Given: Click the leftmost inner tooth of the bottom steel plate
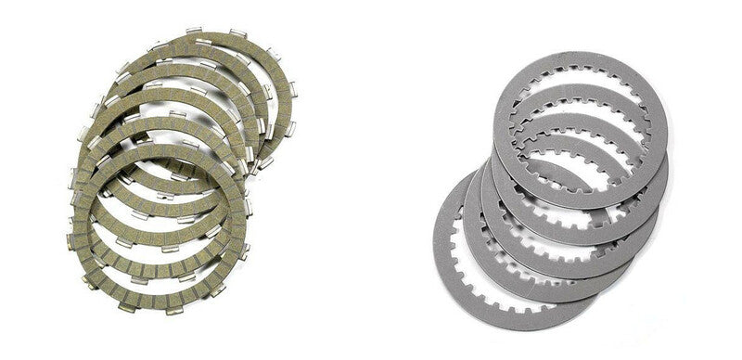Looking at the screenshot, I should pyautogui.click(x=463, y=251).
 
